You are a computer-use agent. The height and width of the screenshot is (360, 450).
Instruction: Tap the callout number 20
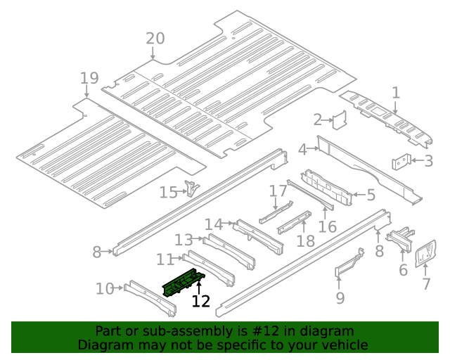[155, 39]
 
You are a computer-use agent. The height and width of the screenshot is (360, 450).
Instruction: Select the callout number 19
[89, 78]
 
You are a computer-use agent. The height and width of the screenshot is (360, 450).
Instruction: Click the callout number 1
[395, 92]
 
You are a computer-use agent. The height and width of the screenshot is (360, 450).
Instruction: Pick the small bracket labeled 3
[401, 162]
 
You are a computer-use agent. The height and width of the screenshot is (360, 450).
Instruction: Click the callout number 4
[302, 149]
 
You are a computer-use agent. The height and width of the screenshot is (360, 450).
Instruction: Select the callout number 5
[371, 195]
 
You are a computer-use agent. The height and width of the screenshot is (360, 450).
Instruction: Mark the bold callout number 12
[201, 301]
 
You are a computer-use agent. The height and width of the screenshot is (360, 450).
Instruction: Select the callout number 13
[184, 240]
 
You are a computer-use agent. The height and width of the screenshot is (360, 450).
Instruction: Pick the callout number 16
[328, 226]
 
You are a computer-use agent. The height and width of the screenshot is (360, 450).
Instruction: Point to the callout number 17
[278, 191]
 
